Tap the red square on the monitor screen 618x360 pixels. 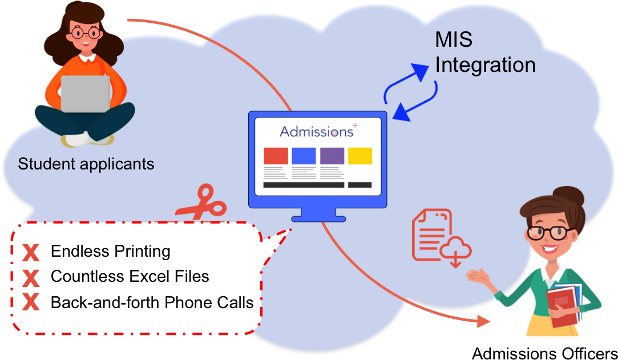pos(276,156)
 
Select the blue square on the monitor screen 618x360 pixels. pos(304,156)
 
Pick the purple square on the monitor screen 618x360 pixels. pos(332,156)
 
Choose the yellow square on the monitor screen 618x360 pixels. pos(360,156)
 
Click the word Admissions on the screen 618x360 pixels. pos(317,132)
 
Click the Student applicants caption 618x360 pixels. pos(86,164)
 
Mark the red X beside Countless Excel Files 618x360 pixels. pos(31,278)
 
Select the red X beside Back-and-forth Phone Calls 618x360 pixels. pos(31,302)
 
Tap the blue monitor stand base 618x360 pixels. pos(318,218)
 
